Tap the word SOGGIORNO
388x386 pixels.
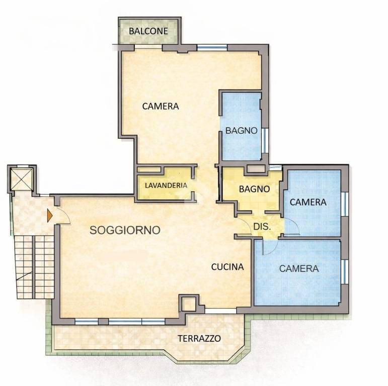point(125,230)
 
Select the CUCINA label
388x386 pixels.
point(227,267)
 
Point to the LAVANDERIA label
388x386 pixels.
point(166,185)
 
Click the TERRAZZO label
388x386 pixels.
point(199,338)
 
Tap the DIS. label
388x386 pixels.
point(262,226)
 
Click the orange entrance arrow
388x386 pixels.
point(49,216)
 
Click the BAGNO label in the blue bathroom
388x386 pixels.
point(241,130)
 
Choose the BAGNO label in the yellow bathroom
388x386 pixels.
point(254,189)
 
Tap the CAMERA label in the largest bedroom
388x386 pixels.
point(161,107)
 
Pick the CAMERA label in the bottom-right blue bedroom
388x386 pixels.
point(299,268)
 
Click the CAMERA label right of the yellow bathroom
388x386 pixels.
point(308,202)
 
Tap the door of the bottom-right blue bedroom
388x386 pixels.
point(267,246)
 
